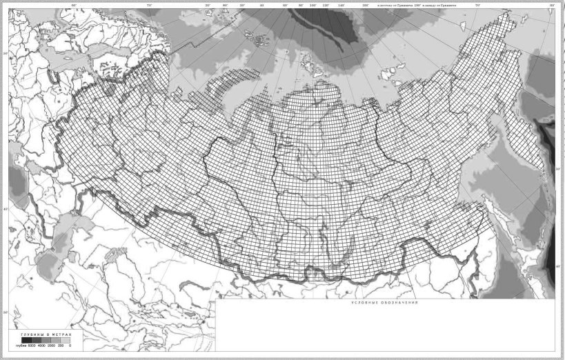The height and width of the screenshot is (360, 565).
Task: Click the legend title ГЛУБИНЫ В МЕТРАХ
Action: click(46, 334)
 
